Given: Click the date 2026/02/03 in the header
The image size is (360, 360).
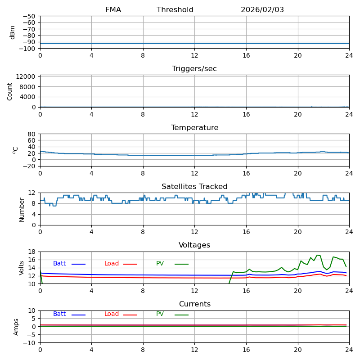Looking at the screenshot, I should click(262, 10).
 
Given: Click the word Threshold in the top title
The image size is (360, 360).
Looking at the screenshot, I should click(175, 10).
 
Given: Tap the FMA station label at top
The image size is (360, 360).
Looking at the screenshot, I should click(113, 10).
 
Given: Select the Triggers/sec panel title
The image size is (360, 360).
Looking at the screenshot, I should click(194, 69).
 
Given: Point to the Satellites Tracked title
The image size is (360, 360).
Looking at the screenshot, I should click(194, 187).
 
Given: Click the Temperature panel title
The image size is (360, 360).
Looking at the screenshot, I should click(194, 128).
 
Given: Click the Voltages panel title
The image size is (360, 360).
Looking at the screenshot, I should click(194, 245).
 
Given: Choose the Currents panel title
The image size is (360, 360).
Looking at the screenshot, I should click(194, 304).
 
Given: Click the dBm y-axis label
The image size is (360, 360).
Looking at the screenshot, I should click(13, 32).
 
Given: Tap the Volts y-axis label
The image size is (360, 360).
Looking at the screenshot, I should click(22, 268).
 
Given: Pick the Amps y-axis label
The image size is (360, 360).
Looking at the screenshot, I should click(16, 327).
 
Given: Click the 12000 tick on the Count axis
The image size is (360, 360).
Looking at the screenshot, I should click(26, 76).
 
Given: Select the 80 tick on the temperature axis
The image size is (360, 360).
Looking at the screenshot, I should click(32, 134).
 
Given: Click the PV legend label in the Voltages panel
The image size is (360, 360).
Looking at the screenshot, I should click(160, 264).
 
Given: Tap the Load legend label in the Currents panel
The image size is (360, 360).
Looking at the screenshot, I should click(112, 314).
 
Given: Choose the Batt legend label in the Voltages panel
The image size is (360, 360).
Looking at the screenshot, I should click(59, 264).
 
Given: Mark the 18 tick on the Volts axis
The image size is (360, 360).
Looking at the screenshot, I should click(32, 252).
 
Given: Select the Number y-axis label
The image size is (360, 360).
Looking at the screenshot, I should click(22, 209).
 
